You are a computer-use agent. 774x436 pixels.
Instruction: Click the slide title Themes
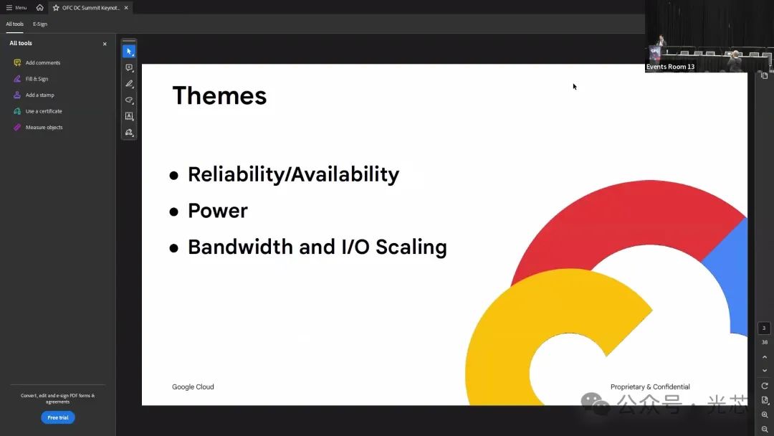click(219, 95)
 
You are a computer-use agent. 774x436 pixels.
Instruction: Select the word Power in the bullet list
click(218, 211)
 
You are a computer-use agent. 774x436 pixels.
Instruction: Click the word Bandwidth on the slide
click(240, 247)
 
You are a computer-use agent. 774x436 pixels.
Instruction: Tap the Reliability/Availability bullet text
click(293, 175)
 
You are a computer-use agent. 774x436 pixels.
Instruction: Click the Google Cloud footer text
click(193, 387)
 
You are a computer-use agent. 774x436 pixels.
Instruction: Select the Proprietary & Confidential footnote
click(650, 387)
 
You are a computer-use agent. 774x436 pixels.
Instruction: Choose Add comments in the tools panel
click(43, 62)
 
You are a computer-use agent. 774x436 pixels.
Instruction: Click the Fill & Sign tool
click(37, 79)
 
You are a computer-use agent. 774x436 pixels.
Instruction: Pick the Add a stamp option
click(40, 95)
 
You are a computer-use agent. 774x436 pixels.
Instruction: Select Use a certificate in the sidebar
click(44, 111)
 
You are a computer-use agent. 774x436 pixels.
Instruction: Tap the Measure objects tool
click(44, 128)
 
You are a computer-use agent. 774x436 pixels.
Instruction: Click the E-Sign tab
click(40, 24)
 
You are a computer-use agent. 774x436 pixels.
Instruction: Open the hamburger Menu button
click(16, 7)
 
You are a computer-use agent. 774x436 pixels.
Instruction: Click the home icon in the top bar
click(40, 7)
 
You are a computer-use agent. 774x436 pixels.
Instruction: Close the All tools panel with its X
click(105, 44)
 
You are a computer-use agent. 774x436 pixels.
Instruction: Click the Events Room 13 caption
click(670, 67)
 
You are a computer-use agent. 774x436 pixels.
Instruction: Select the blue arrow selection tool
click(129, 52)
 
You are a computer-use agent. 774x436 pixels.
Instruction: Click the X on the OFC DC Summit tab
click(126, 8)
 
